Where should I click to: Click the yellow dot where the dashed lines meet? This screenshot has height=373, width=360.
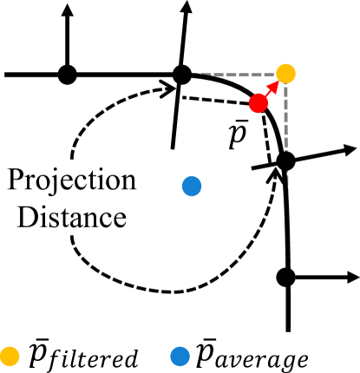(285, 74)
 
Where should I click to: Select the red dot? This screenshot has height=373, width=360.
(258, 103)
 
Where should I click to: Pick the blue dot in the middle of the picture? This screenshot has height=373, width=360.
(192, 186)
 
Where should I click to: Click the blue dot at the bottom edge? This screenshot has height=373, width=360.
(180, 356)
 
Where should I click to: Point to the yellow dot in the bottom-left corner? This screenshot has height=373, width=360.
(10, 356)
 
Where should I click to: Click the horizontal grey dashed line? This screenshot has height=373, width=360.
(239, 75)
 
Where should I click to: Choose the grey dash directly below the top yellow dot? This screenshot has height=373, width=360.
(285, 90)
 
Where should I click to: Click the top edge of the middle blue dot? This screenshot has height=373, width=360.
(192, 177)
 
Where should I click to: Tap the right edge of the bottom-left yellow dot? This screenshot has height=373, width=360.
(19, 356)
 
